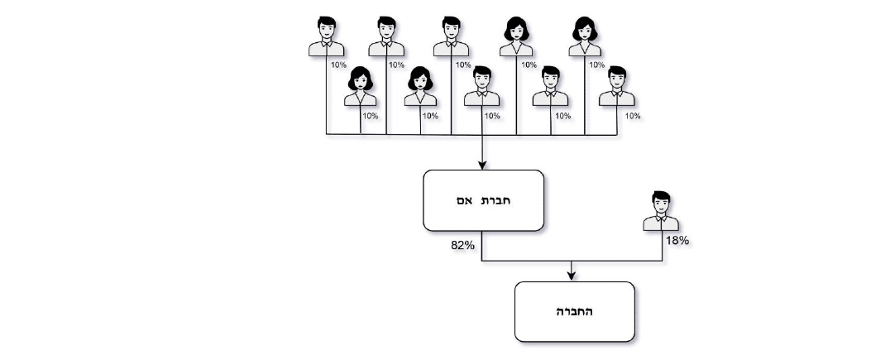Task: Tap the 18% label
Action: (x=677, y=241)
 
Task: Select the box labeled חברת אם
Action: (x=483, y=200)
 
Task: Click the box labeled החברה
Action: (x=574, y=312)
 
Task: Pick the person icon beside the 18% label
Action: (x=662, y=211)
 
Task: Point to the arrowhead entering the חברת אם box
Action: (x=482, y=165)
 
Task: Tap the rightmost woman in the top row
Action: (x=585, y=37)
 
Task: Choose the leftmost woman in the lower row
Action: (x=361, y=88)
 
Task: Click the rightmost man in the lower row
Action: (x=616, y=88)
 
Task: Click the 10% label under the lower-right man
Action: (x=633, y=116)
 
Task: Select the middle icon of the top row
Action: (x=451, y=37)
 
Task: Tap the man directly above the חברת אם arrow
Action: (x=482, y=88)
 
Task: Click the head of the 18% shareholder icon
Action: (x=662, y=202)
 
